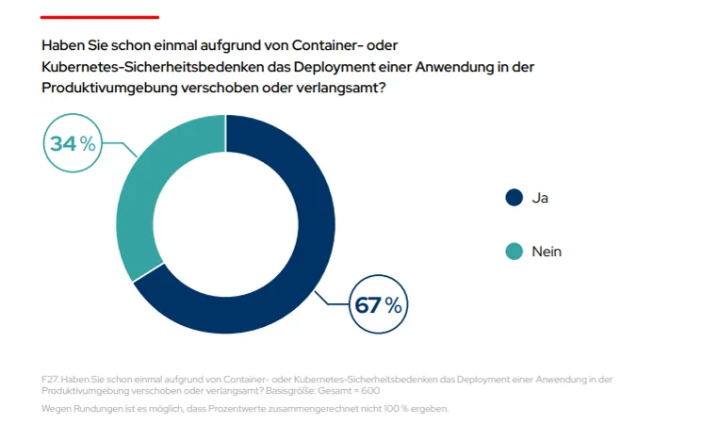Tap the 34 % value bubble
(74, 144)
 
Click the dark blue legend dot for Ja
(514, 198)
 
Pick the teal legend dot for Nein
(514, 252)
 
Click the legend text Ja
(540, 198)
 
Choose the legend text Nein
(547, 252)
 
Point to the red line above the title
(100, 17)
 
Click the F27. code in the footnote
(51, 379)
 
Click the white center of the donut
(225, 223)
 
